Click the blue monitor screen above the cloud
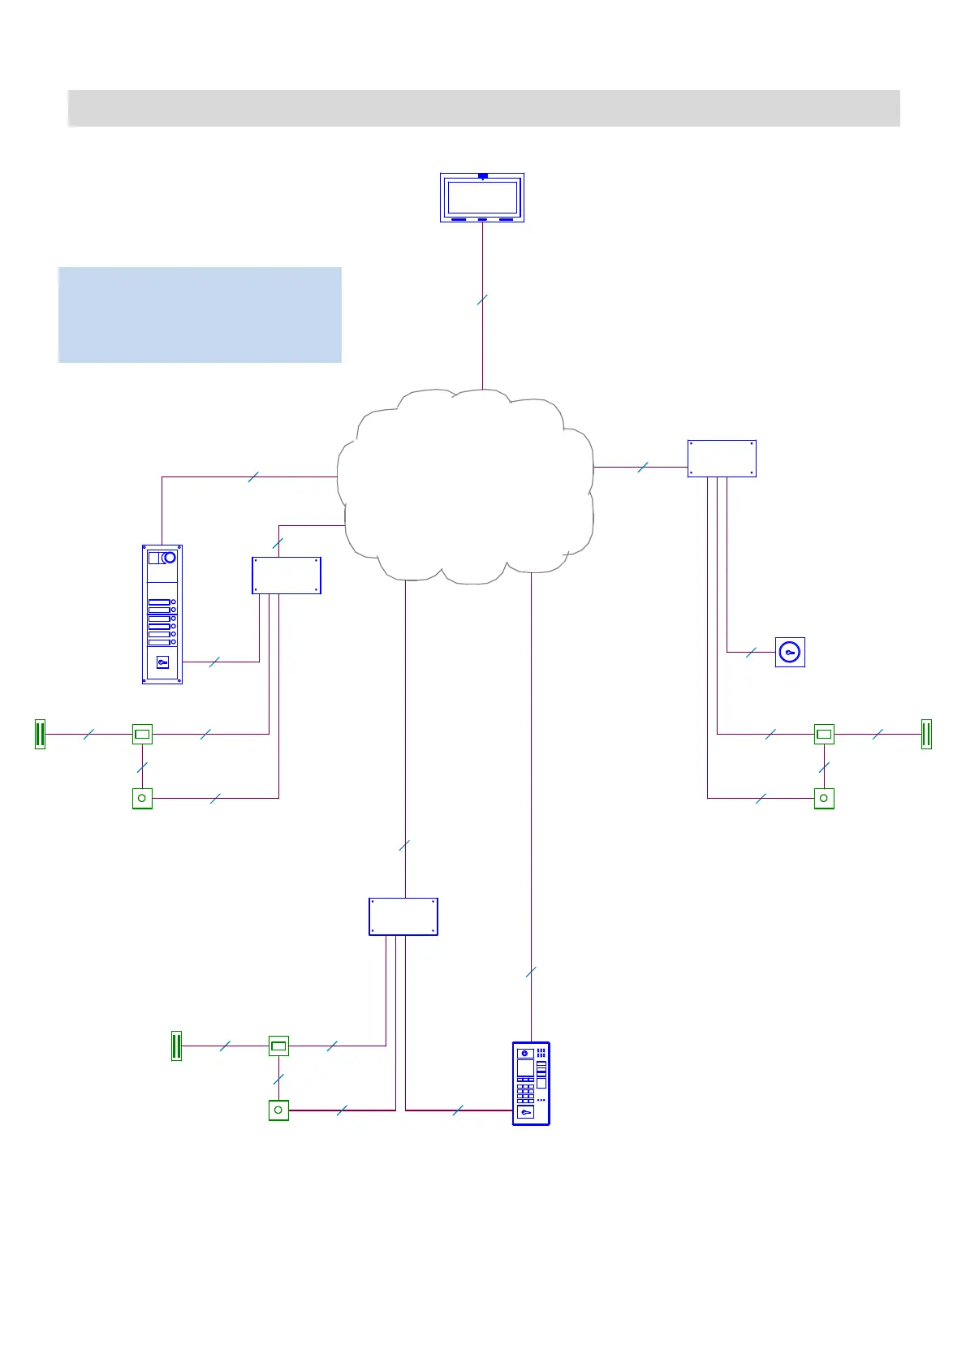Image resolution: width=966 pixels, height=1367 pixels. pos(482,197)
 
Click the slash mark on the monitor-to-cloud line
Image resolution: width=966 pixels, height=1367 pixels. pos(482,300)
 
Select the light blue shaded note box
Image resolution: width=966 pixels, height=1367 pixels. pos(200,314)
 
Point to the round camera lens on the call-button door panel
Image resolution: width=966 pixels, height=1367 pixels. pos(169,558)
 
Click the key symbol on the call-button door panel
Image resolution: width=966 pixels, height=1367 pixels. pos(162,662)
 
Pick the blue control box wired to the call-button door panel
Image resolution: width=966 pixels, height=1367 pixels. pos(287,576)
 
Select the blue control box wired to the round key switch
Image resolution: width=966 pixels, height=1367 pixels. pos(722,459)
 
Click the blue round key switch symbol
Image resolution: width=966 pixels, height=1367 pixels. pos(790,652)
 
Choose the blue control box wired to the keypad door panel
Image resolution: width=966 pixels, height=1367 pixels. pos(403,916)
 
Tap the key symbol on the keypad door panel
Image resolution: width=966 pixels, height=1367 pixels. pos(526,1112)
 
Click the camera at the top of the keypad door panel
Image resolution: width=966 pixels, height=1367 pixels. pos(525,1053)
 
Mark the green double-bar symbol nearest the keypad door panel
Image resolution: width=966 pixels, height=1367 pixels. pos(176,1046)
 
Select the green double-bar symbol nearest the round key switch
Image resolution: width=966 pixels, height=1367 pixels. pos(926,734)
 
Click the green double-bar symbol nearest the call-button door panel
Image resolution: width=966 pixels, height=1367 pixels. pos(40,734)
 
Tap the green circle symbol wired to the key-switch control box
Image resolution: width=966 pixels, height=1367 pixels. pos(824,798)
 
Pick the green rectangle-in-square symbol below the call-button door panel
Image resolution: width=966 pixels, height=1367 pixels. pos(142,734)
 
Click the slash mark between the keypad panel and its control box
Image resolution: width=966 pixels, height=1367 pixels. pos(458,1110)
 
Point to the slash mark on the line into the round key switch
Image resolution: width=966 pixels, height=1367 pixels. pos(751,652)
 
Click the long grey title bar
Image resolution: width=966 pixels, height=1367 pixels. pos(484,108)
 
